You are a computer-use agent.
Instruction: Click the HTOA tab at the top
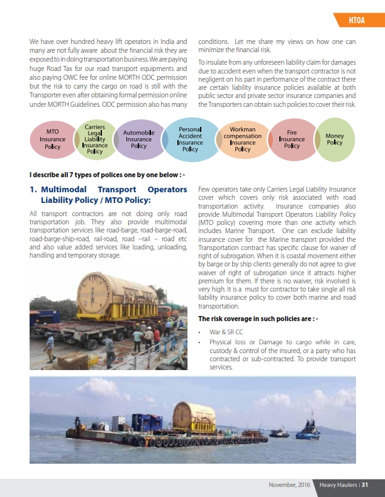coord(358,23)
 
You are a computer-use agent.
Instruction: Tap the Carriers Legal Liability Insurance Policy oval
coord(95,139)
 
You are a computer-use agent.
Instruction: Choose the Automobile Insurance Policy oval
coord(138,139)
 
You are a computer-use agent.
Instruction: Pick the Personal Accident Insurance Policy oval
coord(190,139)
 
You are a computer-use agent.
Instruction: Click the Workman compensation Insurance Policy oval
coord(242,139)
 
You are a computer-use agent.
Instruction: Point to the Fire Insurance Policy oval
coord(292,139)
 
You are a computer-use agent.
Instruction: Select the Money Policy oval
coord(335,139)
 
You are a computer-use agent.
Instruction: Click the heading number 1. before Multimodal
coord(34,189)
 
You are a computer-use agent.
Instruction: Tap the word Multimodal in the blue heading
coord(67,189)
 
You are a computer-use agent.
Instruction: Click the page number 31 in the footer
coord(364,484)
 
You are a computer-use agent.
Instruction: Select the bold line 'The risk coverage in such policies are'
coord(257,319)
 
